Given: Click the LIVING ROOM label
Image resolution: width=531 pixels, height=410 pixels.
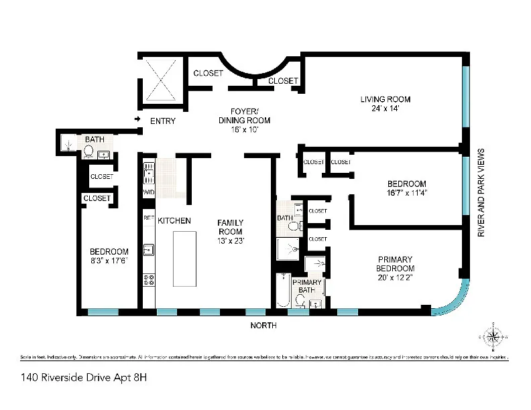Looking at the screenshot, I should coord(385,100).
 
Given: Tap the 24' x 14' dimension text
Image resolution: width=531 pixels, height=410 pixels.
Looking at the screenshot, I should coord(385,109).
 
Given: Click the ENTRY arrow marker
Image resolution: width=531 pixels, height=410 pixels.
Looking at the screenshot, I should coord(138,120).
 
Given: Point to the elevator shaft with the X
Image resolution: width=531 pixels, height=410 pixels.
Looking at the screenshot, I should coord(160,78).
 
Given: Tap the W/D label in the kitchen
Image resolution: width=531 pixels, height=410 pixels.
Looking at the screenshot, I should coord(148,193).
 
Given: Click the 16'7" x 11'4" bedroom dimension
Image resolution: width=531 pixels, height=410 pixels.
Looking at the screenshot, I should coord(407,193).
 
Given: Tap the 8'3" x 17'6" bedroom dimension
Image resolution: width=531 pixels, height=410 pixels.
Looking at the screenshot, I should coord(109,261).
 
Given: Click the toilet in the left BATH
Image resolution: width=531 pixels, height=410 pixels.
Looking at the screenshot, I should coord(88,152).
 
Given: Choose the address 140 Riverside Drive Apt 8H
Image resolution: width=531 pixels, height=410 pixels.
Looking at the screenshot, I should coord(74,377).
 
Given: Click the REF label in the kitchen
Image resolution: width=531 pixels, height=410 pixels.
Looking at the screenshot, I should coord(148,218).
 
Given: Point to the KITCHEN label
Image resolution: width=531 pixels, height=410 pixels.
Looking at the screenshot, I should coord(174,220).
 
